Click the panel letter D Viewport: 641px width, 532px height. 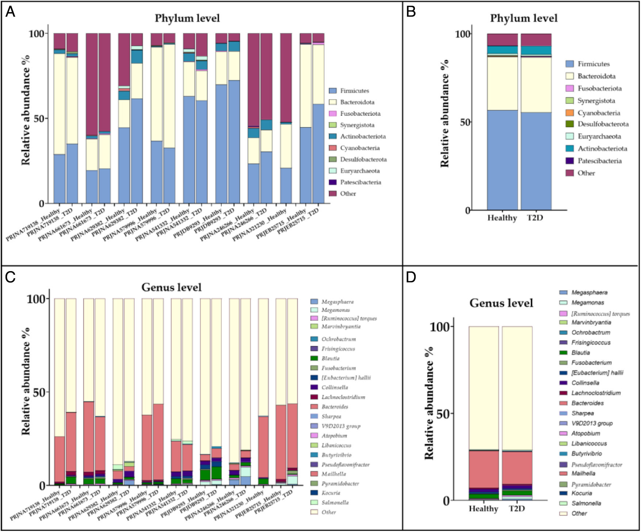pos(411,277)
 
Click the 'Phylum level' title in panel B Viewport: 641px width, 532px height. pos(523,18)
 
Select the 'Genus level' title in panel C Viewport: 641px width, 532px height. pos(171,287)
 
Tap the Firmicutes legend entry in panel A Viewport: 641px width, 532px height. pos(354,90)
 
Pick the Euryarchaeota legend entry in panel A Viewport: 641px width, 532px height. pos(360,171)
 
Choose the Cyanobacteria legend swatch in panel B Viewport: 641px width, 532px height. pos(570,113)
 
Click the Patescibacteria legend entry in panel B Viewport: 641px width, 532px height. pos(599,161)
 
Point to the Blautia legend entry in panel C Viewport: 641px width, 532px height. pos(330,358)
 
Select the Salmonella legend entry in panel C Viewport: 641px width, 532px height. pos(335,502)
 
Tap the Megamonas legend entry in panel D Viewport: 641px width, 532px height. pos(587,302)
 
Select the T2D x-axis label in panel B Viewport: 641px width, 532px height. pos(535,218)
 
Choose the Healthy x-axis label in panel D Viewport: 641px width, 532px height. pos(483,508)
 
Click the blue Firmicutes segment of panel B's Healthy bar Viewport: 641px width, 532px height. pos(502,161)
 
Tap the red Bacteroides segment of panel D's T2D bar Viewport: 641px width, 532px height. pos(517,468)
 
